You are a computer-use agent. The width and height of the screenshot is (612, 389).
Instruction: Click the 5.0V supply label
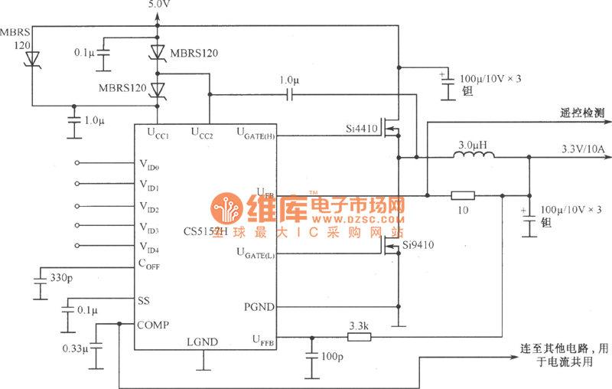[x=158, y=5]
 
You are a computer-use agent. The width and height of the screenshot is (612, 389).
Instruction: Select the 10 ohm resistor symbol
[x=463, y=195]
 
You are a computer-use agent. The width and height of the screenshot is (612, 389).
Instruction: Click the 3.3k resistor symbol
[x=359, y=335]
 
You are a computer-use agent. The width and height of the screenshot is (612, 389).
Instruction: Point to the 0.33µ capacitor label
[x=75, y=348]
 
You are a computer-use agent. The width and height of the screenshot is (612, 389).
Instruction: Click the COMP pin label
[x=154, y=324]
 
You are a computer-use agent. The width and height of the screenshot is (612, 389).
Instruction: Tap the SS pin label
[x=144, y=299]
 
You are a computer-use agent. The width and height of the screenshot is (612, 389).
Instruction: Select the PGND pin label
[x=257, y=306]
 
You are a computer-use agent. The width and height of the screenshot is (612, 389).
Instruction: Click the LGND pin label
[x=203, y=342]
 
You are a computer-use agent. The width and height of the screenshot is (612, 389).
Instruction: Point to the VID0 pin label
[x=149, y=164]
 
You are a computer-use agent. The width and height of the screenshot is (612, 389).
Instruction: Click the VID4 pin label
[x=149, y=248]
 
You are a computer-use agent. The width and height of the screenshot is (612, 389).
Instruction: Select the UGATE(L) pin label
[x=254, y=252]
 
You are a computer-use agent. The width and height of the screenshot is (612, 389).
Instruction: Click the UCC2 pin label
[x=202, y=133]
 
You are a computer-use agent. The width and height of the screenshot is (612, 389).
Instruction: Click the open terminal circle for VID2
[x=77, y=206]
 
